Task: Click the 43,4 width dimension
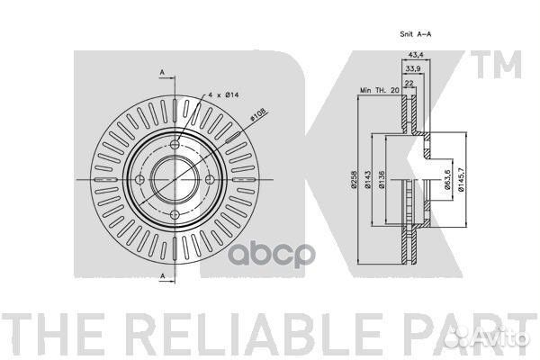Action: coord(416,54)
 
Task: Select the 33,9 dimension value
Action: coord(412,69)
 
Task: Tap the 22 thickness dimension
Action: coord(409,83)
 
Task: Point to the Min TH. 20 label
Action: coord(379,90)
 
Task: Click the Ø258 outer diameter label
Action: coord(354,179)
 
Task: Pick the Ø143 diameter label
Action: coord(367,179)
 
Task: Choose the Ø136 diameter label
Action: coord(381,179)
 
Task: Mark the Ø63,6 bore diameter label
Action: coord(447,179)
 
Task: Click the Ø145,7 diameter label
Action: coord(462,179)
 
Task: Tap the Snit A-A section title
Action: coord(415,34)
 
